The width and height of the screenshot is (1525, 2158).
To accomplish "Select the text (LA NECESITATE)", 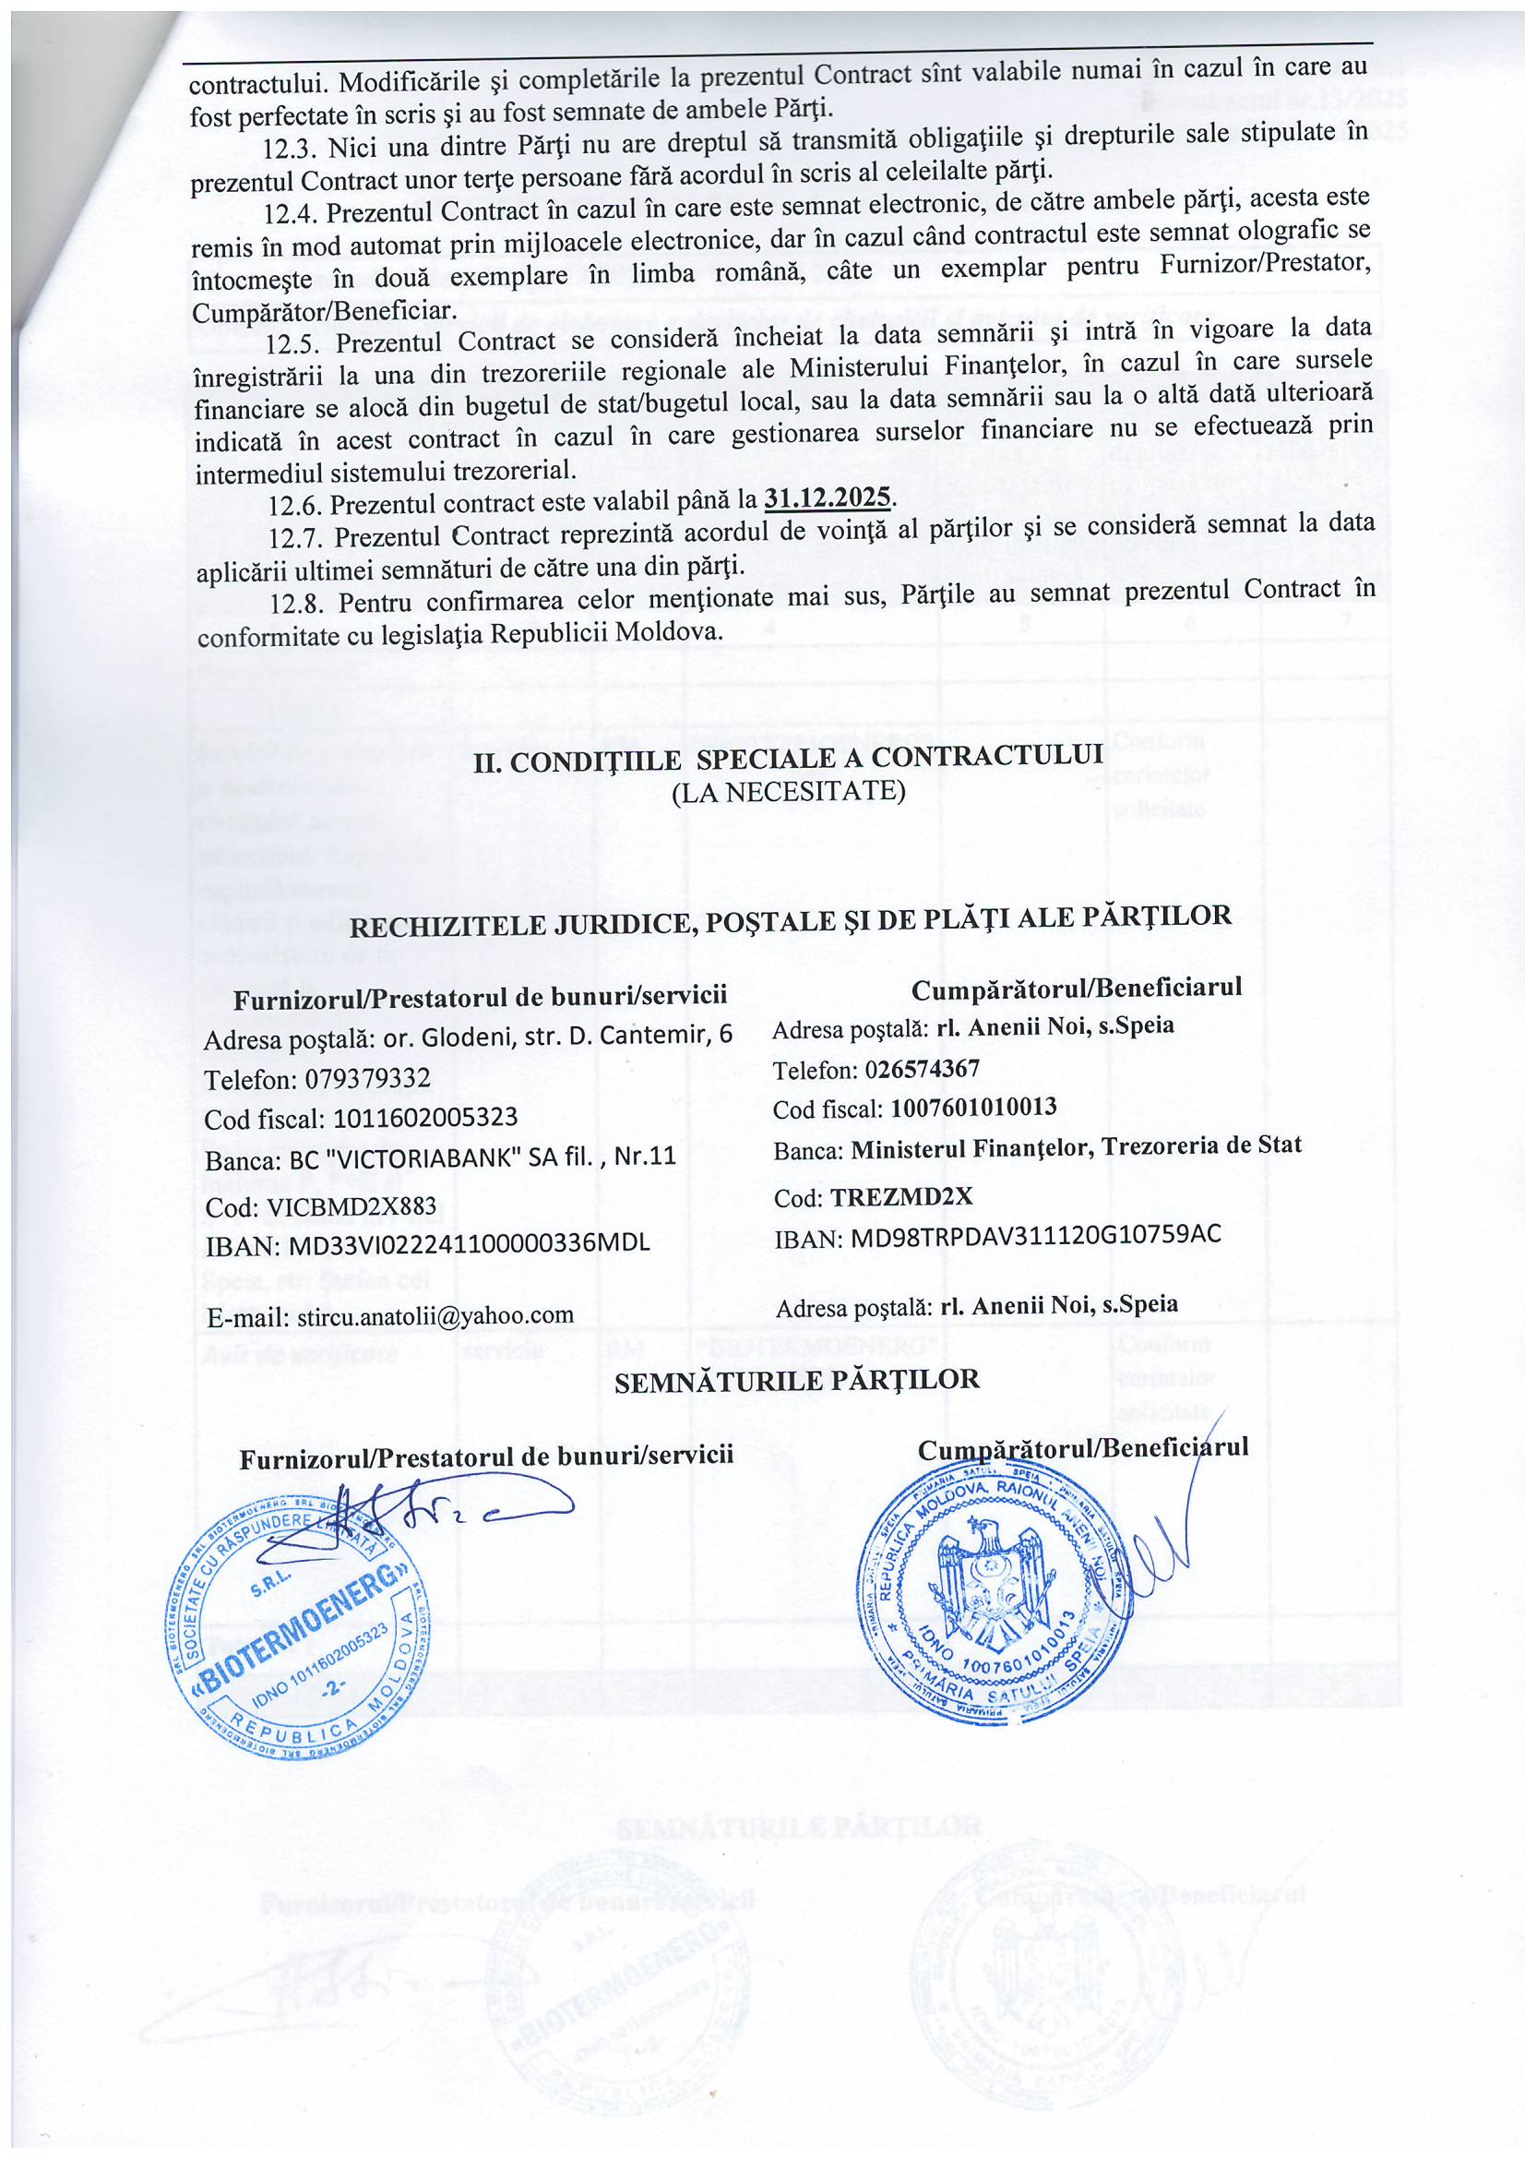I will click(790, 791).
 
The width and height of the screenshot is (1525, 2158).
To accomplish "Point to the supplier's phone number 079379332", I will click(367, 1078).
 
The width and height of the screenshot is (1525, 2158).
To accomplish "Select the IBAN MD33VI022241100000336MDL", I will click(469, 1242).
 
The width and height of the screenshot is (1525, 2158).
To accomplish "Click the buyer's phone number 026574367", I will click(923, 1069).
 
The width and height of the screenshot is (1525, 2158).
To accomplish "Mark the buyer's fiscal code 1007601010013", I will click(973, 1108).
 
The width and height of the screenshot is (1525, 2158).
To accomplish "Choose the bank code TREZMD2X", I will click(902, 1196).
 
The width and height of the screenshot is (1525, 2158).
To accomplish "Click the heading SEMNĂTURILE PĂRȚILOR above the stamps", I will click(797, 1380).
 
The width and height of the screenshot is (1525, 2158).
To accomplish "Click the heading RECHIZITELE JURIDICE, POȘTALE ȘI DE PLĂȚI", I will click(791, 920).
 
